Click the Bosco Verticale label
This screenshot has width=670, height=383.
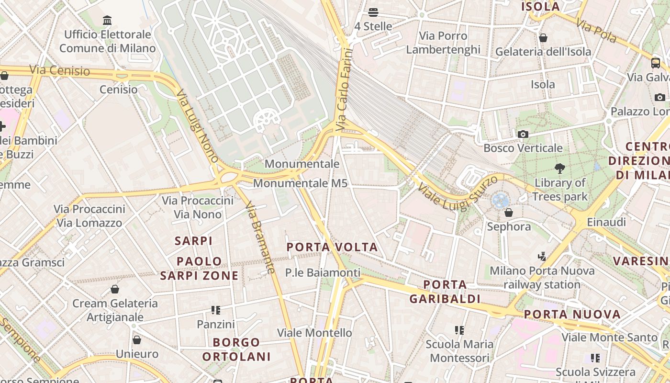pyautogui.click(x=523, y=148)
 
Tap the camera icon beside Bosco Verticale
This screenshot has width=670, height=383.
pyautogui.click(x=523, y=135)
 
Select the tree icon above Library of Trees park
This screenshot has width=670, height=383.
pyautogui.click(x=559, y=169)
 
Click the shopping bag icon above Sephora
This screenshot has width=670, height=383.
pyautogui.click(x=509, y=213)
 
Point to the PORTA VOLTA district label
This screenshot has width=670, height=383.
pyautogui.click(x=332, y=248)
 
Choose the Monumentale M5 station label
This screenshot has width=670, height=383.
pyautogui.click(x=300, y=183)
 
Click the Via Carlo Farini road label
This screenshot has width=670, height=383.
pyautogui.click(x=344, y=90)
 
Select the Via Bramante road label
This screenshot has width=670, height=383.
pyautogui.click(x=260, y=237)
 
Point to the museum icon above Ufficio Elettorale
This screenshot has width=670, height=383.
pyautogui.click(x=107, y=21)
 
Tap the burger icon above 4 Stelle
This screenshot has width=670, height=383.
pyautogui.click(x=373, y=12)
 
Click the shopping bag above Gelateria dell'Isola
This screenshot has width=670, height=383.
pyautogui.click(x=543, y=38)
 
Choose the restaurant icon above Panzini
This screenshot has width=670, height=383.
pyautogui.click(x=216, y=310)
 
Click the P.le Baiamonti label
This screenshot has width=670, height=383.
pyautogui.click(x=323, y=273)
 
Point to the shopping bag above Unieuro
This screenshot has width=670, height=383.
pyautogui.click(x=137, y=340)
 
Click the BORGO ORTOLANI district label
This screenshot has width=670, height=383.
pyautogui.click(x=236, y=349)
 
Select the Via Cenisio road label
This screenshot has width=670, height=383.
pyautogui.click(x=59, y=71)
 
